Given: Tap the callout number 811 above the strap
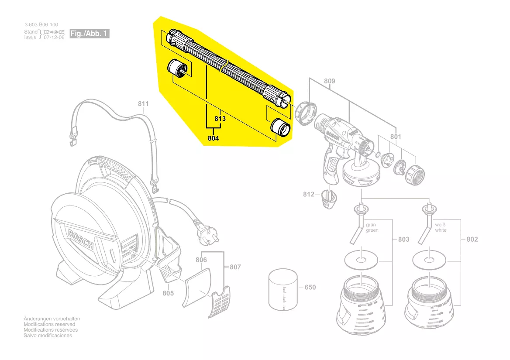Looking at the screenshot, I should tap(143, 104).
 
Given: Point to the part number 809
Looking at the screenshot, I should tap(330, 81).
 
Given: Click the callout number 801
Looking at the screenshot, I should tap(396, 137).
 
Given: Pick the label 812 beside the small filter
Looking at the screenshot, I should tap(309, 194).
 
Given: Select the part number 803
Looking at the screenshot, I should tap(404, 239).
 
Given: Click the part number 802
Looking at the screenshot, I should tap(472, 239).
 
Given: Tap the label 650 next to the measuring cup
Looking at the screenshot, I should tap(310, 288).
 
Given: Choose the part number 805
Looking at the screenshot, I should tap(168, 293).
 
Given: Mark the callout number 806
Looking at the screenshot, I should tap(201, 260).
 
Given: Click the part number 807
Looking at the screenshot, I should tap(235, 267).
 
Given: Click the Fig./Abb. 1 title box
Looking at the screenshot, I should tap(90, 34).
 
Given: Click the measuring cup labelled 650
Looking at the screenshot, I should tap(283, 290).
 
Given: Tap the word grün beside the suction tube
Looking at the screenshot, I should tap(371, 225).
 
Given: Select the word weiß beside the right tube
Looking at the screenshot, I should tap(440, 225).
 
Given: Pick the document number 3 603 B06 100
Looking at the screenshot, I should tap(41, 25).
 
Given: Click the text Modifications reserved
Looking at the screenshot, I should tap(49, 324).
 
